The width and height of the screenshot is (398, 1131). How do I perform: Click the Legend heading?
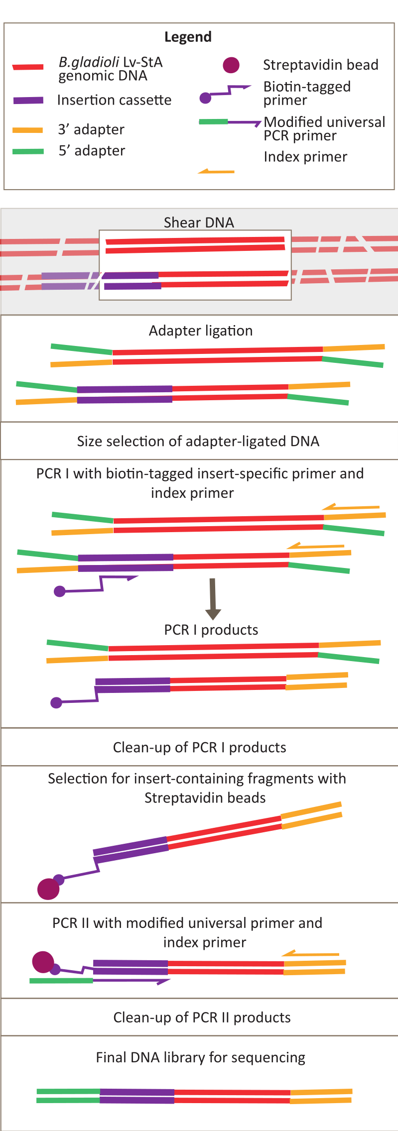coord(188,37)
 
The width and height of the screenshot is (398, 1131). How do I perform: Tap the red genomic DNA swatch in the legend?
coord(28,67)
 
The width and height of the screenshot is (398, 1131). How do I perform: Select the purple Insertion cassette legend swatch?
coord(28,100)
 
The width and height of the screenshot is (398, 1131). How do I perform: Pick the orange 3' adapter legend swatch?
coord(28,130)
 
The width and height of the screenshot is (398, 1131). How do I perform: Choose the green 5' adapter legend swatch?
coord(28,151)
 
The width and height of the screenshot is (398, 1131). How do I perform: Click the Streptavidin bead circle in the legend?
coord(231,65)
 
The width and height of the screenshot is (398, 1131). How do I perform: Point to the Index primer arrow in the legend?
coord(216,172)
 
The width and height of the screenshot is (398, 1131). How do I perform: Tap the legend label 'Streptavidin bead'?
coord(320,65)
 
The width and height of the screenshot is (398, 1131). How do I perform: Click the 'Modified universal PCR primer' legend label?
coord(324,128)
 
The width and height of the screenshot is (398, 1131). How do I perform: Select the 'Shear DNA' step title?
coord(199,222)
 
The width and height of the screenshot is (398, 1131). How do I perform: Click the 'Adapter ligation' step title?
coord(201,331)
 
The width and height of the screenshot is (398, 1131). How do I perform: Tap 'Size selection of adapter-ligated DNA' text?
coord(198,441)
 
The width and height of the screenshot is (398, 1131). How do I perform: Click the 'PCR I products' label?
coord(211,630)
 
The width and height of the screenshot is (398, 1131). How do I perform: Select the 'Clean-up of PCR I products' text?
coord(199,747)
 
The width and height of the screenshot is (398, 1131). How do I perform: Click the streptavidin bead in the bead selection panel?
coord(48,889)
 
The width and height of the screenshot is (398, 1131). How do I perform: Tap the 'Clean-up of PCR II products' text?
coord(202,1018)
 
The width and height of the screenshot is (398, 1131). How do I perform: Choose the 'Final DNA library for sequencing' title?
coord(200,1057)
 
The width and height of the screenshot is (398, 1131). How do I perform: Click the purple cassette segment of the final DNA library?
coord(137,1096)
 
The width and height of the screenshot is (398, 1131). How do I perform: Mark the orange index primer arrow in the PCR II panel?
coord(311,954)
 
